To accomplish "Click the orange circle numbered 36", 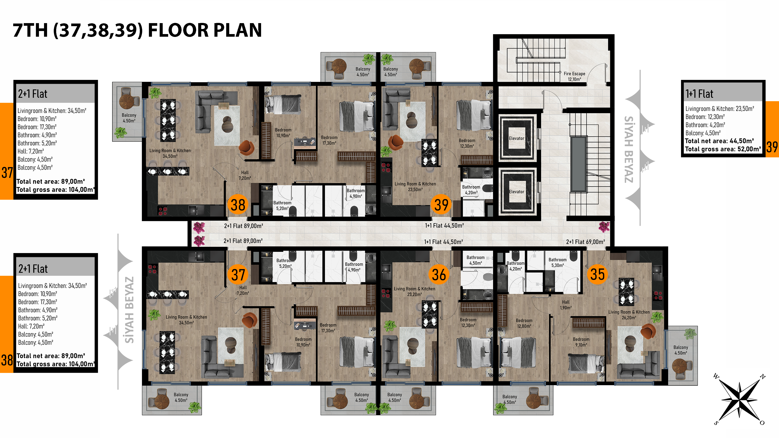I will [439, 275].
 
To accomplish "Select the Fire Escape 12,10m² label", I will [574, 76].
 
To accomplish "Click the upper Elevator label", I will [516, 138].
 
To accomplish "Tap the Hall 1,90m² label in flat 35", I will [566, 305].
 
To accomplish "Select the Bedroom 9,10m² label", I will [581, 342].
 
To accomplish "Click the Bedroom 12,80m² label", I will [524, 323].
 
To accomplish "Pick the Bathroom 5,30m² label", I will [557, 262].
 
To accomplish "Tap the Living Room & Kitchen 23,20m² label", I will [414, 291].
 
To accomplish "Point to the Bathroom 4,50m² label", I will [475, 260].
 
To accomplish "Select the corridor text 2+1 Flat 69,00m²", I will [585, 242].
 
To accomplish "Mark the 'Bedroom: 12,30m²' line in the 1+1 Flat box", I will [705, 117].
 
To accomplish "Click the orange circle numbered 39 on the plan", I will [441, 205].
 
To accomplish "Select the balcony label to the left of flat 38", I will [129, 118].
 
